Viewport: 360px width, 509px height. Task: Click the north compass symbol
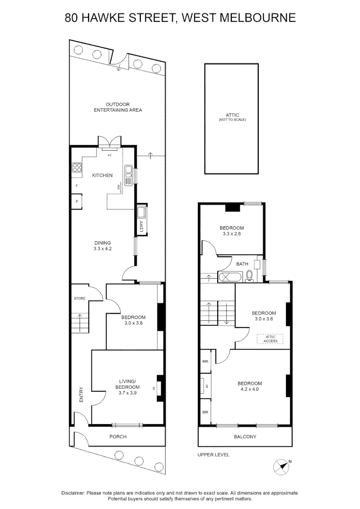[x=281, y=467]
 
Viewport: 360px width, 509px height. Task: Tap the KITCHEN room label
[x=102, y=175]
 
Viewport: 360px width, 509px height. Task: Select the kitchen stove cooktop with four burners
[x=77, y=168]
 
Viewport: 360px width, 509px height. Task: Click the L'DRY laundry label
[x=141, y=226]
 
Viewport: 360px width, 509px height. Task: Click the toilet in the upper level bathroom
[x=250, y=276]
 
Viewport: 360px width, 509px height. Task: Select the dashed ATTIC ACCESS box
[x=270, y=338]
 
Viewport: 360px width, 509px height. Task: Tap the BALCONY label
[x=245, y=436]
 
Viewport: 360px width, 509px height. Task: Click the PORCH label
[x=118, y=436]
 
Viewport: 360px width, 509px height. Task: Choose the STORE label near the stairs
[x=79, y=298]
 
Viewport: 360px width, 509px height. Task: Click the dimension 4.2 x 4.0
[x=249, y=389]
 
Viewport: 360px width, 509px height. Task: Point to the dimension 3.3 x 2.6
[x=232, y=233]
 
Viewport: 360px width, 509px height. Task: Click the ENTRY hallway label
[x=81, y=394]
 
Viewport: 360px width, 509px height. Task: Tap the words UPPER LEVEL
[x=213, y=455]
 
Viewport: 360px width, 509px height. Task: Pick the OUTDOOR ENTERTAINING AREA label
[x=118, y=107]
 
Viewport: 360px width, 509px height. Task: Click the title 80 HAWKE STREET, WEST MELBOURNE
[x=180, y=18]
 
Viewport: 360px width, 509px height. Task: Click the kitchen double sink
[x=128, y=175]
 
